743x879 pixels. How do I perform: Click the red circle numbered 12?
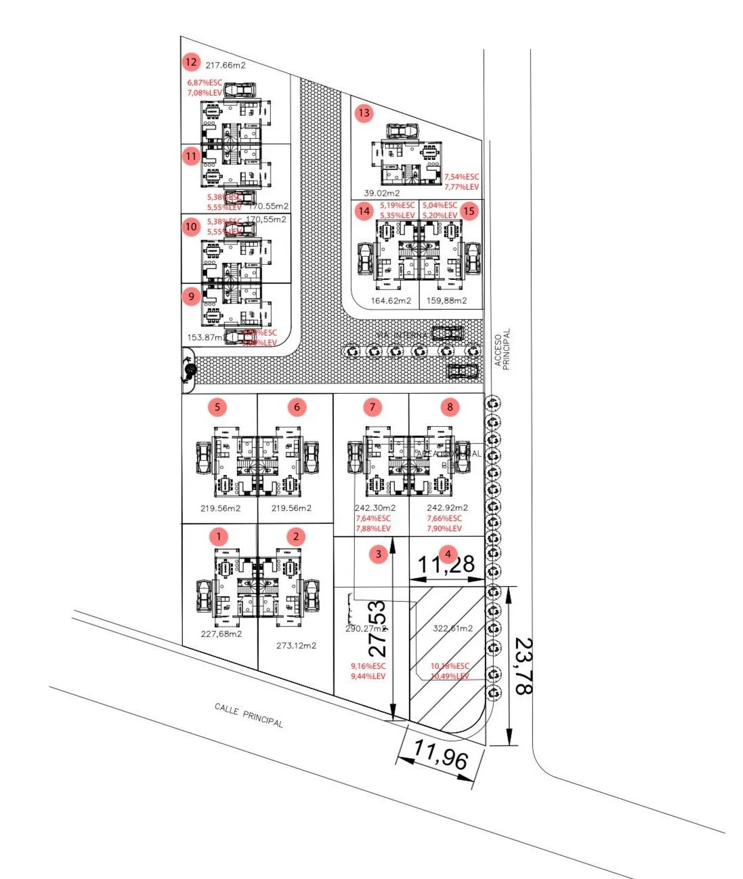(191, 63)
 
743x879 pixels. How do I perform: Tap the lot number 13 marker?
(364, 113)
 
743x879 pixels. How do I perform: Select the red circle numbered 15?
(469, 211)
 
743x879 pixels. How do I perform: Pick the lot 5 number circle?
(217, 407)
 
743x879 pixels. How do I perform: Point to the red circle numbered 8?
(449, 407)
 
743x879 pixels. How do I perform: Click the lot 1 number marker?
(219, 537)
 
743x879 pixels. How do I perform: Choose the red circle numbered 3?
(379, 554)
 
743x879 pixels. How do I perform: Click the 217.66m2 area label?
(226, 66)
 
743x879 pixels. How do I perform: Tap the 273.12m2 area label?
(296, 645)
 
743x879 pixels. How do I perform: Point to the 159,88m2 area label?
(446, 300)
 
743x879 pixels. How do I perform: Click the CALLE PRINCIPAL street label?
(249, 715)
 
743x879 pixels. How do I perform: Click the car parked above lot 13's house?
(403, 131)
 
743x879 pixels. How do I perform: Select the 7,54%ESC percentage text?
(461, 177)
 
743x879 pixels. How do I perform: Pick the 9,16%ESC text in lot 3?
(368, 666)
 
